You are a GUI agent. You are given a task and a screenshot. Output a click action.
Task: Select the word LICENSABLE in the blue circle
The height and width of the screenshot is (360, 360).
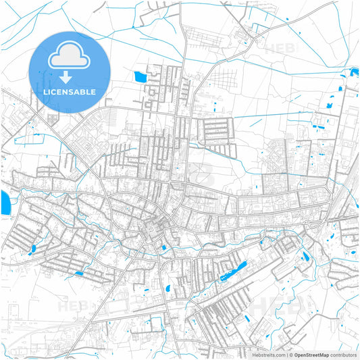(70, 92)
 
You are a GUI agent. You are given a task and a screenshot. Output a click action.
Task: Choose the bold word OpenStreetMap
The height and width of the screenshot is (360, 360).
(311, 355)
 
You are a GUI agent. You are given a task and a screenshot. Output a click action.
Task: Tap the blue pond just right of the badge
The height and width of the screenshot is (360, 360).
(140, 76)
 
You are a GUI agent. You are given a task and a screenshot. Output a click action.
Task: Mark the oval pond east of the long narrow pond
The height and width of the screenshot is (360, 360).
(306, 257)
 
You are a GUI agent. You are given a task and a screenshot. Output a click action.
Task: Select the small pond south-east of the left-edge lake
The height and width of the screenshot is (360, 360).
(32, 249)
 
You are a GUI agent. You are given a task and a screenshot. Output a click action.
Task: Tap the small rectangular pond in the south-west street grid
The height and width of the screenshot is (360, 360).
(79, 274)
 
